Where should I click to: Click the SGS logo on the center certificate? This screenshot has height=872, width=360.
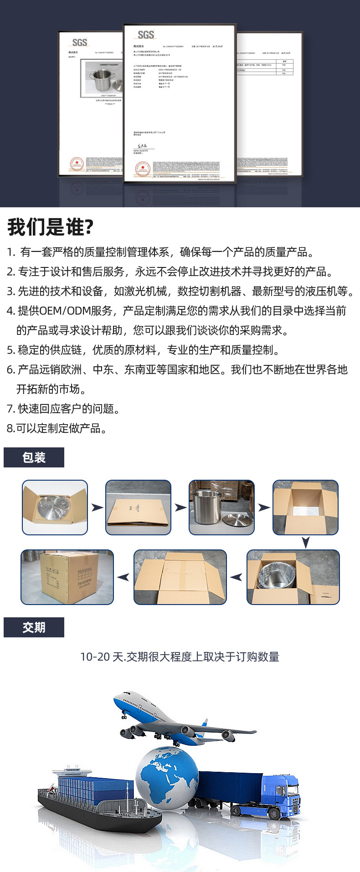click(x=146, y=35)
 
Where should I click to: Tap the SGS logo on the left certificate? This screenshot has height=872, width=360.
click(x=79, y=42)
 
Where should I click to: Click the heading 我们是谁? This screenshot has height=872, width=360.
click(x=50, y=227)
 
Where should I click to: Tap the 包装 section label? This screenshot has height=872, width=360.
click(x=34, y=457)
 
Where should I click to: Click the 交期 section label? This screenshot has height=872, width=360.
click(x=34, y=627)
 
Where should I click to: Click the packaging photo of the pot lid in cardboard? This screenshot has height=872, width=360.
click(x=55, y=507)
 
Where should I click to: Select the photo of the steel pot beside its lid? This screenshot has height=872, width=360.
click(x=221, y=507)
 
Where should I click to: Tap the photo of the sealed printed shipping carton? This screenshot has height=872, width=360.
click(x=67, y=577)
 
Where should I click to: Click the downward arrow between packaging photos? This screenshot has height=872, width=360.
click(x=306, y=542)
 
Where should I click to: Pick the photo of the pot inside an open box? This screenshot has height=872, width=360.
click(x=293, y=577)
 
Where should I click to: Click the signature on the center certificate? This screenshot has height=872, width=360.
click(x=139, y=146)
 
